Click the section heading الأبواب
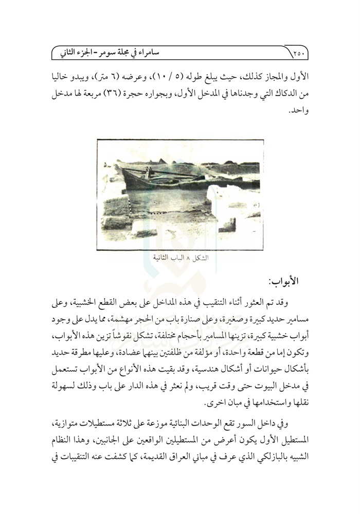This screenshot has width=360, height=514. (x=288, y=282)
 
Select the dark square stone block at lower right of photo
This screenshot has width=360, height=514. (x=230, y=225)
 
